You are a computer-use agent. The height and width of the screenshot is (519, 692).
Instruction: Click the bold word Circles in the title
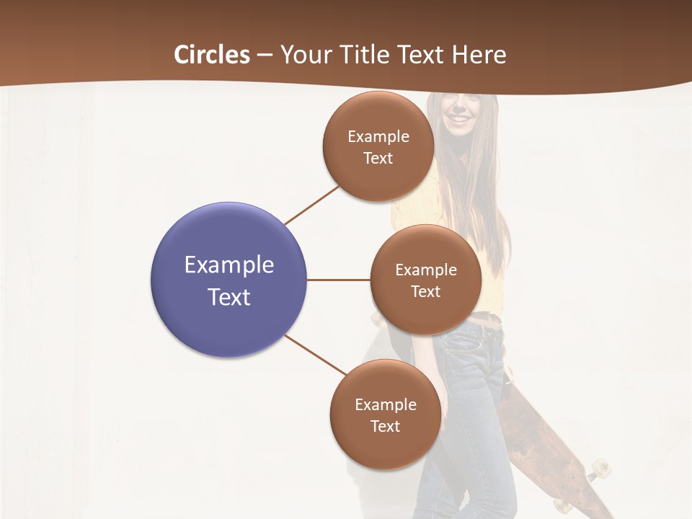coord(212,55)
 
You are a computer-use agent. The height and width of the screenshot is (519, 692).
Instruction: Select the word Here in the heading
coord(479,55)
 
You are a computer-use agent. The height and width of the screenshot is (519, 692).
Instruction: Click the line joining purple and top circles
coord(311,205)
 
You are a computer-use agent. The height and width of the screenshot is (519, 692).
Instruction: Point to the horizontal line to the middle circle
coord(338,280)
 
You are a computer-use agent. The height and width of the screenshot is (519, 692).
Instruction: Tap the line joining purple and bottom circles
coord(315,355)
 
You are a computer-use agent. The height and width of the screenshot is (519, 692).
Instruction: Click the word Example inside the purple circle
coord(229,265)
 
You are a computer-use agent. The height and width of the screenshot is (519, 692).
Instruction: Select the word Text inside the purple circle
coord(229,297)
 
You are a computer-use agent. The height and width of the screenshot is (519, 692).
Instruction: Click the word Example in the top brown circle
coord(378,137)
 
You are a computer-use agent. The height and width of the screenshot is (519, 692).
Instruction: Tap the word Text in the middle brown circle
coord(425,291)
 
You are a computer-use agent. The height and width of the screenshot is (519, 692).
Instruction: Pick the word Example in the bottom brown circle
coord(385,405)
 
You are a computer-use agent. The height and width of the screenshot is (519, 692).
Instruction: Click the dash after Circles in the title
coord(264,56)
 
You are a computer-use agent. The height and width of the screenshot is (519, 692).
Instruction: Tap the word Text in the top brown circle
coord(378,159)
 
